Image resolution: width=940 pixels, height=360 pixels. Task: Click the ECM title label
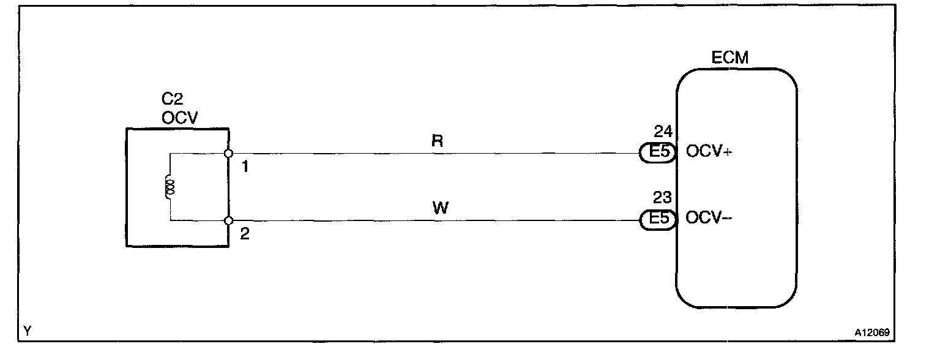(730, 58)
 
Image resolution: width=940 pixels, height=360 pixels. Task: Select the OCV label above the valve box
(180, 118)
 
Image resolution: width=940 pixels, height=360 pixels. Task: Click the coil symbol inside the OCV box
(170, 187)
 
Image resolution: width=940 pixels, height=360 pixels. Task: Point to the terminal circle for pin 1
(228, 153)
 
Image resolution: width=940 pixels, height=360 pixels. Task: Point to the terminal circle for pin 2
(228, 220)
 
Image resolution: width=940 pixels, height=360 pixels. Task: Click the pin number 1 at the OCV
(245, 167)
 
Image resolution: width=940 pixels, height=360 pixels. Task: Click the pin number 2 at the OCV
(245, 234)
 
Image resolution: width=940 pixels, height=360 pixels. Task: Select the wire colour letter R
(437, 141)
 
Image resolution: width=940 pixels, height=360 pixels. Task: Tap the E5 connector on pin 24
(657, 152)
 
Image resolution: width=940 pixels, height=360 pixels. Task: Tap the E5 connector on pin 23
(657, 219)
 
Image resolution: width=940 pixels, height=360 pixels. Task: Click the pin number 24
(663, 131)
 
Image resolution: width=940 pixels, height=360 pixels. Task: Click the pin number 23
(663, 198)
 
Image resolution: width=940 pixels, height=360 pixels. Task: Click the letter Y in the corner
(27, 332)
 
